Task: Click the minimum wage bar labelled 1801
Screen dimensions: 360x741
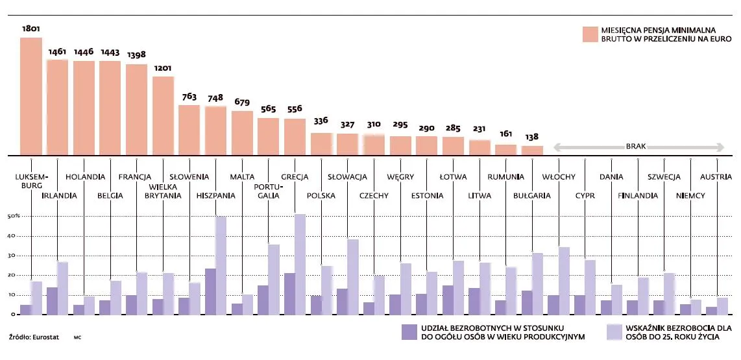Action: pyautogui.click(x=31, y=96)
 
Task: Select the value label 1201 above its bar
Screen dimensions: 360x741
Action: pyautogui.click(x=163, y=67)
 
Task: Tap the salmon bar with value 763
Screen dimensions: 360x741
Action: pyautogui.click(x=189, y=130)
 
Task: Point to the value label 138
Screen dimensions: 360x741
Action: pyautogui.click(x=532, y=137)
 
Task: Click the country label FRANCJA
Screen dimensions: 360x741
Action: pyautogui.click(x=135, y=176)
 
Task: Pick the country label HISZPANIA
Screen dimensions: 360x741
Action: pyautogui.click(x=215, y=195)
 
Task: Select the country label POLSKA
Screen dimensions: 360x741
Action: pyautogui.click(x=321, y=195)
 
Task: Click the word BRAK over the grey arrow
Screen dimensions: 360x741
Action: pyautogui.click(x=636, y=147)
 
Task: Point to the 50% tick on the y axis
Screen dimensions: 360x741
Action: pyautogui.click(x=13, y=216)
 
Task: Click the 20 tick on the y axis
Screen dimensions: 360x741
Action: pyautogui.click(x=10, y=275)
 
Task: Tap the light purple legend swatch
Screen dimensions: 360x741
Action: pyautogui.click(x=614, y=331)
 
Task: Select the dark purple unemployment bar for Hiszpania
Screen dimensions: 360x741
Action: pyautogui.click(x=210, y=291)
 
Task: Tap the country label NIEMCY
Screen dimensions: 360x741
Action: pyautogui.click(x=690, y=195)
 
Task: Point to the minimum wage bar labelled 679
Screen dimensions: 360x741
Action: pyautogui.click(x=242, y=133)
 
